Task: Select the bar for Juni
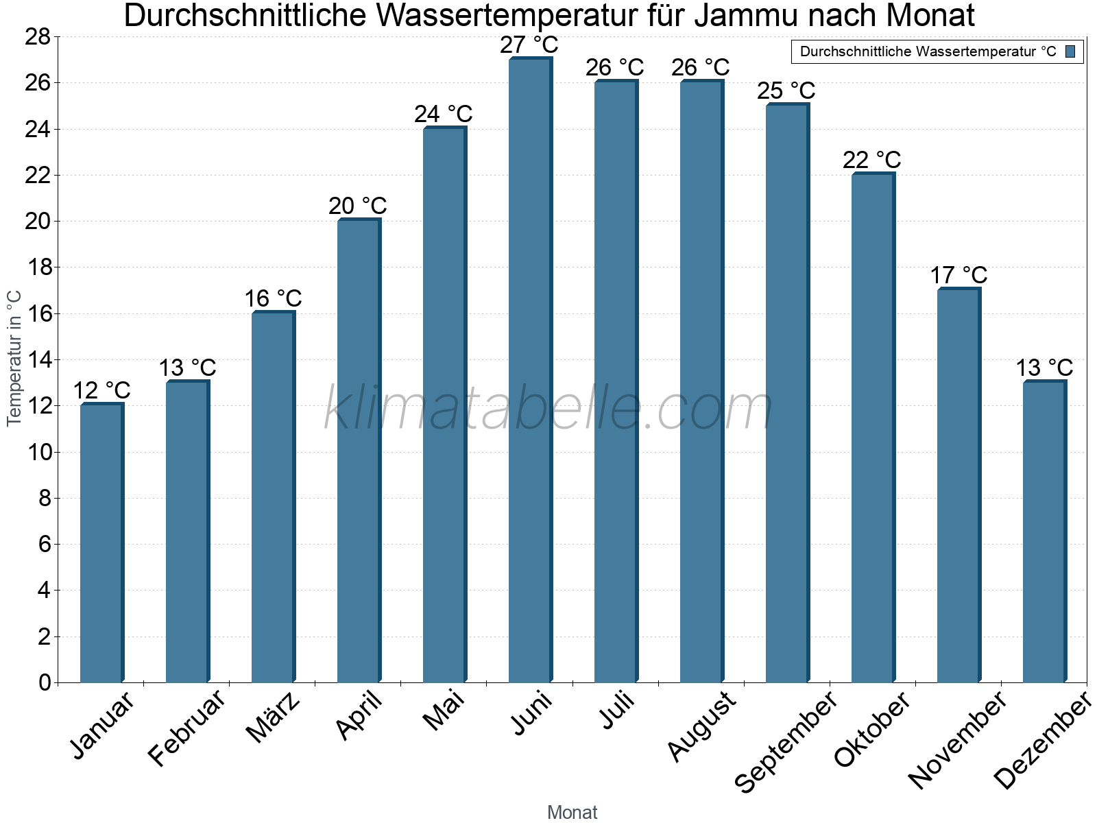click(x=530, y=370)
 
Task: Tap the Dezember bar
click(x=1044, y=532)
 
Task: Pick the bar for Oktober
click(x=873, y=428)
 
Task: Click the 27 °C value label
click(x=529, y=45)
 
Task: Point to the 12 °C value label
click(x=101, y=391)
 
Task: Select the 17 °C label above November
click(x=959, y=276)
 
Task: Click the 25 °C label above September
click(x=786, y=91)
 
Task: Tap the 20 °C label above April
click(x=358, y=206)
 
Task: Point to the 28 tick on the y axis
click(x=38, y=37)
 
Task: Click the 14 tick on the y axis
click(x=38, y=360)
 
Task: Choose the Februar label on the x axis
click(x=186, y=727)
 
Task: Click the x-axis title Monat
click(x=572, y=812)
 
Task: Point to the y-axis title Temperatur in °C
click(x=14, y=358)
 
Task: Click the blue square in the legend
click(x=1070, y=51)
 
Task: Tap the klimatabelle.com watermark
click(x=548, y=409)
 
